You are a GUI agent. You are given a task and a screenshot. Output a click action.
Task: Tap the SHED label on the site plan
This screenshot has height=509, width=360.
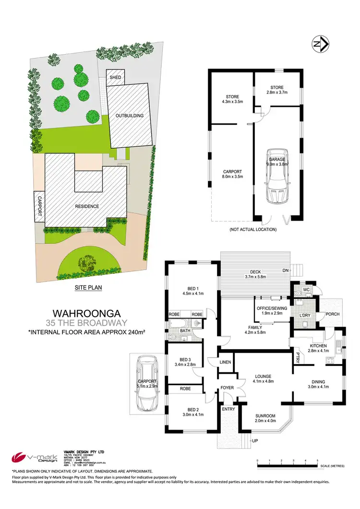point(115,77)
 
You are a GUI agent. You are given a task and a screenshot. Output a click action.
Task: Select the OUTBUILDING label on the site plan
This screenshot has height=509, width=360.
point(129,115)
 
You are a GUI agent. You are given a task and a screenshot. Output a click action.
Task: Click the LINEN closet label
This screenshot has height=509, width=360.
point(225,362)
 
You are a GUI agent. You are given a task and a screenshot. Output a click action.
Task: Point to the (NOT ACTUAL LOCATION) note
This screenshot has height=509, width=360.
point(252,229)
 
